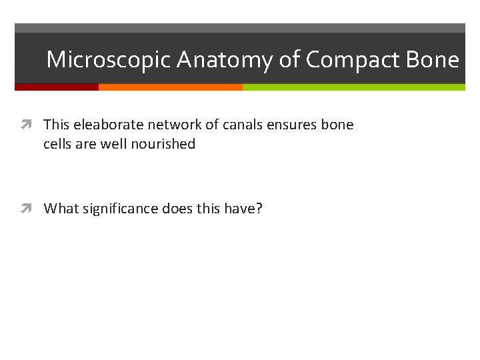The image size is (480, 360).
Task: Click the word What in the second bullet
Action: point(60,209)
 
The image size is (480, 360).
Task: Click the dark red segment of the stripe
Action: point(57,87)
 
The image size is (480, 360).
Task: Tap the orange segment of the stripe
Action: point(170,87)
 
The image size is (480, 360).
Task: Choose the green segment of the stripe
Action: point(353,87)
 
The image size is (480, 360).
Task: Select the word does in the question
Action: point(177,209)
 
